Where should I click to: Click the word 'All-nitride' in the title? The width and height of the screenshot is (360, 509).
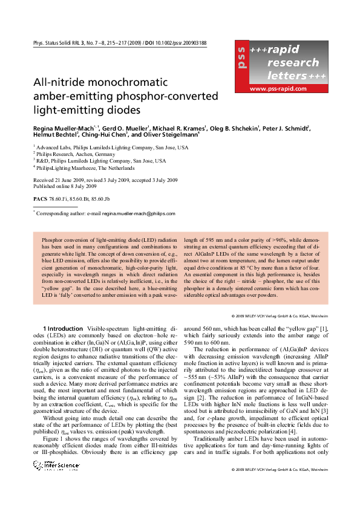(58, 82)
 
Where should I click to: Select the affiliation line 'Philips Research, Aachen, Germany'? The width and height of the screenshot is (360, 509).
(79, 154)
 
